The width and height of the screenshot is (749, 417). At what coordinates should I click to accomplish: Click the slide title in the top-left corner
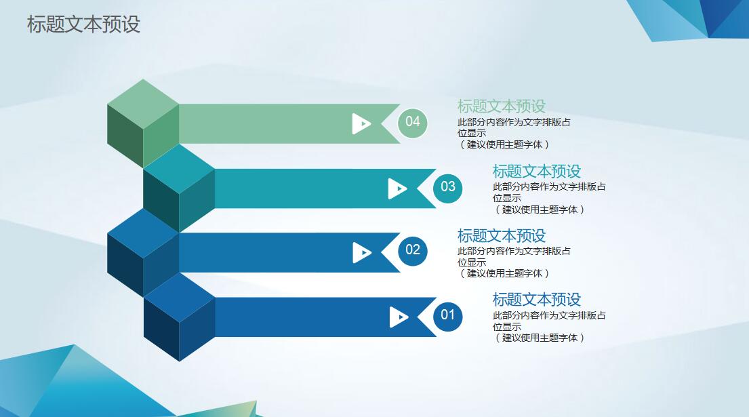pos(83,24)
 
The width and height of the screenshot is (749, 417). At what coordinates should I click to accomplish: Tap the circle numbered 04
pos(413,122)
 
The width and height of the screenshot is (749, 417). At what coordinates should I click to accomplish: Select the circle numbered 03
pos(448,186)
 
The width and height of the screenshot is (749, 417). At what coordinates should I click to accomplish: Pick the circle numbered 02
pos(413,250)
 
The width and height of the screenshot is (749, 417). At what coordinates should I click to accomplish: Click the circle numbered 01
pos(448,315)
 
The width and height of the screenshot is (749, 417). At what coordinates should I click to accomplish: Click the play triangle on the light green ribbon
pos(361,123)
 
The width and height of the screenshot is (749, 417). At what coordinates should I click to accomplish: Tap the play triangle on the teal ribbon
pos(397,188)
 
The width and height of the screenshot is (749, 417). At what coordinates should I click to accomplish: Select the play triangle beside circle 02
pos(362,253)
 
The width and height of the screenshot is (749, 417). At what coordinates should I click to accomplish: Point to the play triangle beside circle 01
pos(399,317)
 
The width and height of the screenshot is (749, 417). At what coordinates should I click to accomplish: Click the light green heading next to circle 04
pos(501,106)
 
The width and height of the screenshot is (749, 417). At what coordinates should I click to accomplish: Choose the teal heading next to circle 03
pos(536,171)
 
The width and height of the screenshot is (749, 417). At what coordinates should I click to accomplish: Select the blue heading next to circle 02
pos(501,235)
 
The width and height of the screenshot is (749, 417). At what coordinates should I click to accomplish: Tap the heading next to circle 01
pos(536,299)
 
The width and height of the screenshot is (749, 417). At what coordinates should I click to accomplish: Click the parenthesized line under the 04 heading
pos(504,144)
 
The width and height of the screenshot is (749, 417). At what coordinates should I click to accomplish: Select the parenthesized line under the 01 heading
pos(539,338)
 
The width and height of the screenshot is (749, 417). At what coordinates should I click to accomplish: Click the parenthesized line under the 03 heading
pos(539,210)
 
